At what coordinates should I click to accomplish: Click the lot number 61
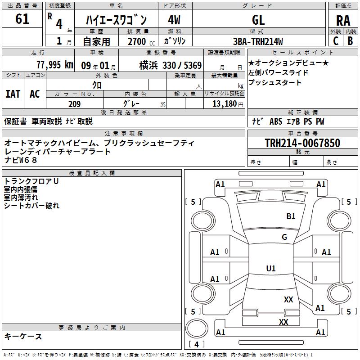[22, 19]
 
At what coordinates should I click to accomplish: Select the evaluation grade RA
[343, 20]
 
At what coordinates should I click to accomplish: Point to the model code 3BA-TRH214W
[258, 42]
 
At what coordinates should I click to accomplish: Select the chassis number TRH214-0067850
[302, 144]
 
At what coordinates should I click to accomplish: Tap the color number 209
[74, 104]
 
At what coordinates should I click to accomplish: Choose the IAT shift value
[13, 94]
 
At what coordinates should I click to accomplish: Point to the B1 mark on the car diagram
[291, 216]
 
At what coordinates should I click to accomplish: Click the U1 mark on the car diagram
[270, 269]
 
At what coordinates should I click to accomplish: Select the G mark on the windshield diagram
[284, 237]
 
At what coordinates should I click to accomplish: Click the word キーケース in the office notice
[23, 336]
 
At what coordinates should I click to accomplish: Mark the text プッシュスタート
[275, 83]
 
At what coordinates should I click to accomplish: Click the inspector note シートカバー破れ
[31, 206]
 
